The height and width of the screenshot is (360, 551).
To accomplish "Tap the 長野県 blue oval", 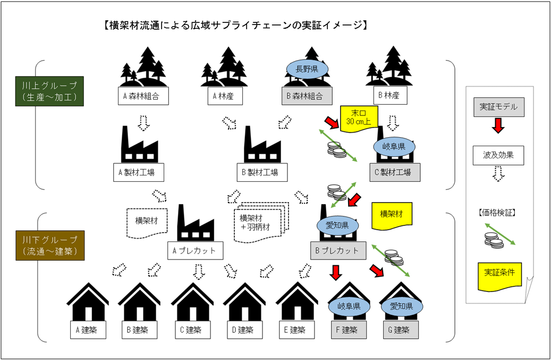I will [307, 69].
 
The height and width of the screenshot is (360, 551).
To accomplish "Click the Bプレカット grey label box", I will [338, 250].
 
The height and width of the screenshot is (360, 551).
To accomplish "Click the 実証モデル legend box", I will [498, 107].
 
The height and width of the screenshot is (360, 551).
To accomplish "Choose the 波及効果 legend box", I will [498, 155].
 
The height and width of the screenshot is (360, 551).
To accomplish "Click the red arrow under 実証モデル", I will [498, 127].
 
